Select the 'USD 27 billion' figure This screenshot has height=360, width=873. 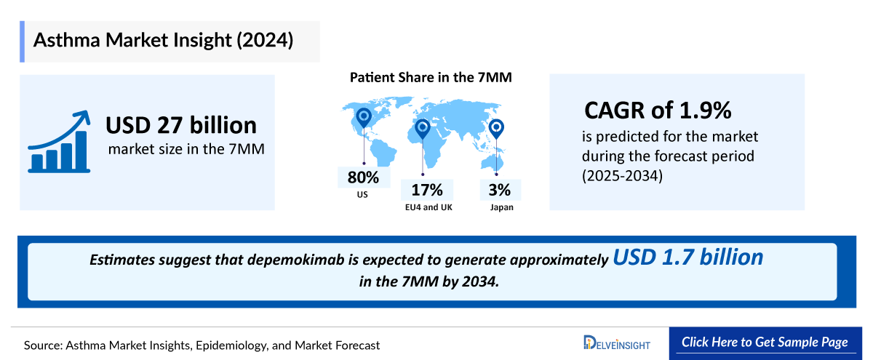click(x=181, y=125)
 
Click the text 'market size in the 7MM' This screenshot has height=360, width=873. click(x=186, y=150)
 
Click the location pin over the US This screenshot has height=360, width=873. click(x=362, y=118)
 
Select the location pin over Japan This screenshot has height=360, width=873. click(x=496, y=129)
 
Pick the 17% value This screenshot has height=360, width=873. click(x=427, y=191)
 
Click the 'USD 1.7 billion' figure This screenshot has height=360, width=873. click(x=687, y=257)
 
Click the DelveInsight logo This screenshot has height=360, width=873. click(x=617, y=343)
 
